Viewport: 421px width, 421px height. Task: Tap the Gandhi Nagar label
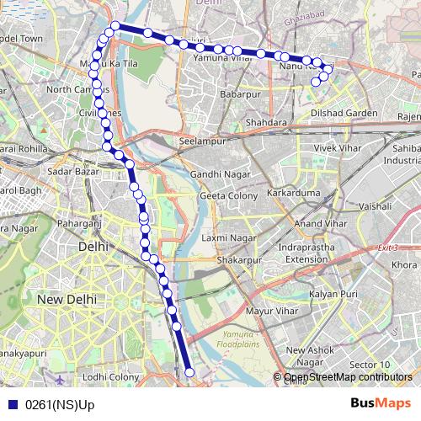pyautogui.click(x=218, y=173)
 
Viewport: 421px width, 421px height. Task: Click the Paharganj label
pyautogui.click(x=79, y=223)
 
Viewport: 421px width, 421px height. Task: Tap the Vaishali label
pyautogui.click(x=376, y=205)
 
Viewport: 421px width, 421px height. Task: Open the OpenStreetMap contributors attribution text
pyautogui.click(x=348, y=376)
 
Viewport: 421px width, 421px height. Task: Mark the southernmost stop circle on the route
pyautogui.click(x=189, y=372)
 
